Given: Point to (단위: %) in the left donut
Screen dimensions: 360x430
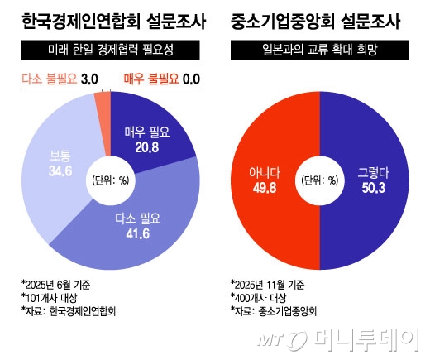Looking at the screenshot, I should [109, 180].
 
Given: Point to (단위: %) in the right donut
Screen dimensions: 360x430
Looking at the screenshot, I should [320, 180].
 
